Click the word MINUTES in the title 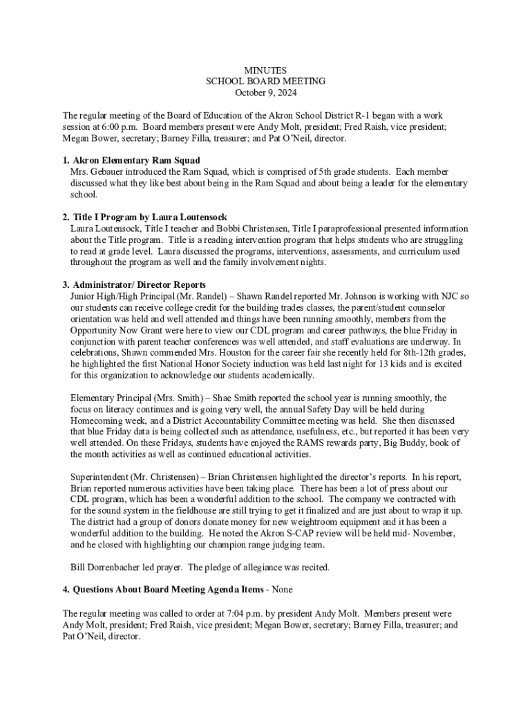pyautogui.click(x=266, y=70)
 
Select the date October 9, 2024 pyautogui.click(x=266, y=92)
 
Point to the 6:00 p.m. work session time pyautogui.click(x=118, y=127)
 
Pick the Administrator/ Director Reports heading pyautogui.click(x=139, y=284)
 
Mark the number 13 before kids pyautogui.click(x=370, y=364)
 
